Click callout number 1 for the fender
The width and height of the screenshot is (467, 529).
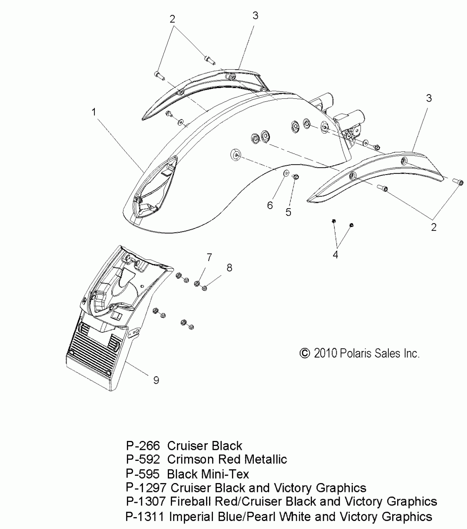click(x=94, y=112)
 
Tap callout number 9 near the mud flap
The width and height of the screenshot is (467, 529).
click(x=156, y=380)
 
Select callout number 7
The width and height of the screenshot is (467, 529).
click(x=209, y=257)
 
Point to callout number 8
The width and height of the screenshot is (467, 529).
click(x=229, y=268)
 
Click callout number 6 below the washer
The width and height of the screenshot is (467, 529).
click(x=270, y=205)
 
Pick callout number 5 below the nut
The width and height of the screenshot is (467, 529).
click(x=288, y=212)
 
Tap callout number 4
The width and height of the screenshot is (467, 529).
click(x=335, y=255)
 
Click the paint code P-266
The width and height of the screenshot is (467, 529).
click(x=143, y=446)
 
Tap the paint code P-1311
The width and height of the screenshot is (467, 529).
click(x=145, y=517)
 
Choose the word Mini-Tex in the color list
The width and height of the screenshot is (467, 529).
click(x=225, y=474)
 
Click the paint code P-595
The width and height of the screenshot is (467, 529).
click(x=143, y=474)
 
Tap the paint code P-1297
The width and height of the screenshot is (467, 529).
click(x=146, y=488)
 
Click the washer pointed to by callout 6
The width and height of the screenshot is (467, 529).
click(x=286, y=173)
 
